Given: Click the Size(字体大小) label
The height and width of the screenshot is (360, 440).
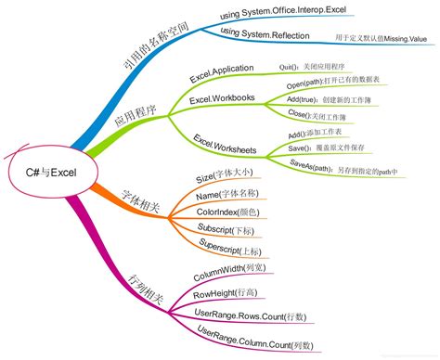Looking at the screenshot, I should [x=228, y=175].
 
